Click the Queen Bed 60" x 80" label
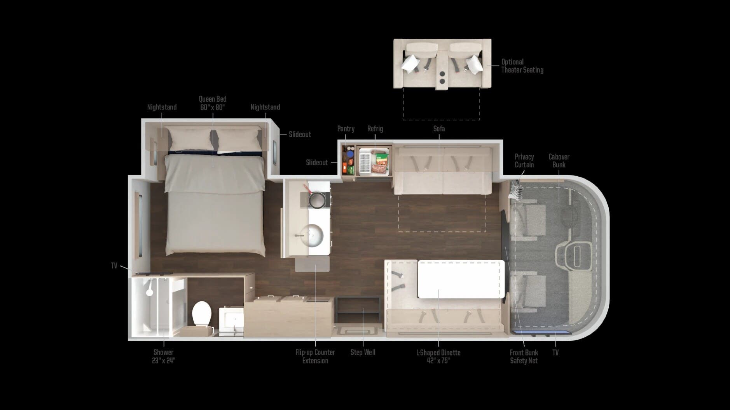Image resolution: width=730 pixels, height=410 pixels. click(x=213, y=103)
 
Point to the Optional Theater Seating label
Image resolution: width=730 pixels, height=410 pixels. click(x=522, y=66)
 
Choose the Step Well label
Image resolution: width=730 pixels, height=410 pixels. click(x=363, y=353)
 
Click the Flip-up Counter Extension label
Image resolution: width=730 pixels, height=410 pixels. click(x=315, y=356)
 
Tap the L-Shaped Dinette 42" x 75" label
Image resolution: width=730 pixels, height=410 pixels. click(x=438, y=356)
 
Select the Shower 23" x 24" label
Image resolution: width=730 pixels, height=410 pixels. click(x=163, y=356)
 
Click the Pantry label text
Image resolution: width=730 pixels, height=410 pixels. click(x=346, y=129)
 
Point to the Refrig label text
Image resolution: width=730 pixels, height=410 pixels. click(x=375, y=129)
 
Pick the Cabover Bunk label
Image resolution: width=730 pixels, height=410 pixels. click(x=559, y=161)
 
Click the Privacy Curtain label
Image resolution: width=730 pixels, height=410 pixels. click(x=524, y=161)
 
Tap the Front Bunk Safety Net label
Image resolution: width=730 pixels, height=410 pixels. click(x=524, y=356)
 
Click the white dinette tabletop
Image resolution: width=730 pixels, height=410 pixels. click(x=461, y=280)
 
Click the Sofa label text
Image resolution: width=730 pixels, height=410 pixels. click(x=439, y=129)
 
